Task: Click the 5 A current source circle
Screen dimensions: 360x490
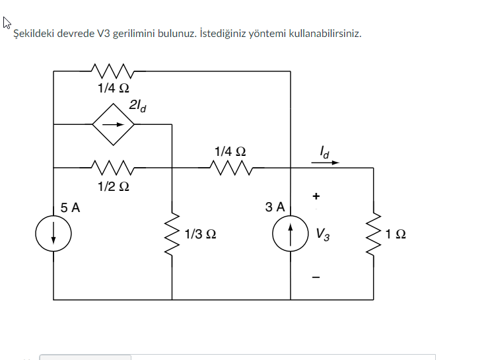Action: [53, 234]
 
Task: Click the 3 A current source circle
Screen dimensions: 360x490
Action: [291, 234]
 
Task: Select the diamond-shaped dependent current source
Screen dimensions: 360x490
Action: [112, 123]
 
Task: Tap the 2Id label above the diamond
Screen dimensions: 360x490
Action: [137, 104]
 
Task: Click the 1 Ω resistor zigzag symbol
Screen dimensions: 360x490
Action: [374, 233]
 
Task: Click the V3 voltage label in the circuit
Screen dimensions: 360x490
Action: [323, 233]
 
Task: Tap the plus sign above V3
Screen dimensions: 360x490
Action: [316, 196]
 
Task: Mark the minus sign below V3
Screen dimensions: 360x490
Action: [316, 277]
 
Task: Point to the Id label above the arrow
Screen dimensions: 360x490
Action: [325, 151]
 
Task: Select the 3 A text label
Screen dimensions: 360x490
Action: [275, 207]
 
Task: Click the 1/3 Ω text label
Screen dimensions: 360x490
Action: [200, 234]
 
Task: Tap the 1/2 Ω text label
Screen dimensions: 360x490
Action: [112, 186]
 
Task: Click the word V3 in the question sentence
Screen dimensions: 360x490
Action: [104, 34]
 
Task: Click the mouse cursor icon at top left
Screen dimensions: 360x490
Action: [7, 24]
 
